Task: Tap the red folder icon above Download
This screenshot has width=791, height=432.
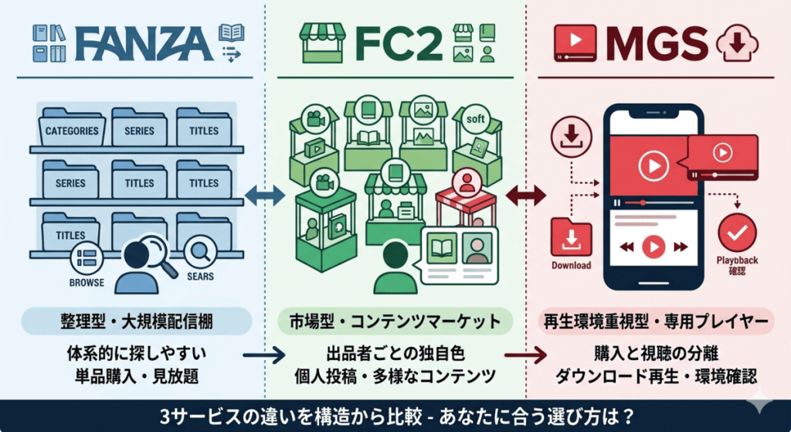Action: tap(571, 236)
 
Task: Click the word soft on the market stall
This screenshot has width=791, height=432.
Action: tap(475, 121)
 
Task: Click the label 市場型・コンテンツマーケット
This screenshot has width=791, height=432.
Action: tap(395, 321)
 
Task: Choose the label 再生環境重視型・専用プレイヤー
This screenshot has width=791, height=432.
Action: tap(659, 321)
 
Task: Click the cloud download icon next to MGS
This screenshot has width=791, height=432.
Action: tap(738, 43)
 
